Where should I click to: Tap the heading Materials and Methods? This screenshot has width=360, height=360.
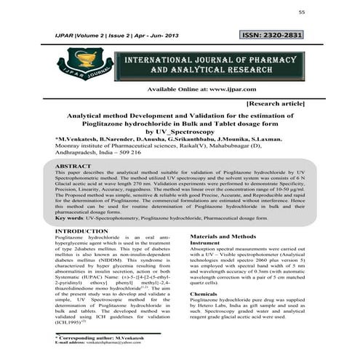click(223, 237)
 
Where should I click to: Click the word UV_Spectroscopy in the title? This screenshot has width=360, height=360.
click(181, 132)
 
